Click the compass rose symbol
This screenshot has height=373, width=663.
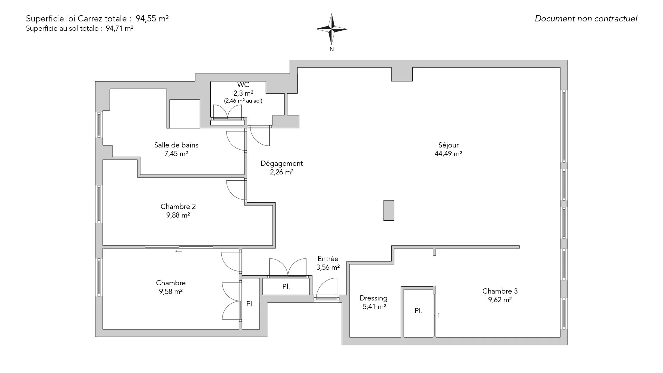(331, 29)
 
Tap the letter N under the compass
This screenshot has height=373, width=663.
(331, 49)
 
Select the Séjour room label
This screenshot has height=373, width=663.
(448, 145)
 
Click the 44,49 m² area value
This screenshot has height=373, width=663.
(448, 154)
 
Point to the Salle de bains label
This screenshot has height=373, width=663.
(176, 145)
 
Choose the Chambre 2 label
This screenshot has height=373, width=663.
(178, 207)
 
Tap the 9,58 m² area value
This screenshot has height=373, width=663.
(171, 291)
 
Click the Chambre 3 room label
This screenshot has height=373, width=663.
(500, 291)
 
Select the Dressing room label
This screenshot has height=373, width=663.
(373, 298)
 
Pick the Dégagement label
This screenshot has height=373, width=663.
(281, 163)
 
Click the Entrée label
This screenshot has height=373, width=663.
(328, 259)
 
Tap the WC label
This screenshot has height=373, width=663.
(243, 85)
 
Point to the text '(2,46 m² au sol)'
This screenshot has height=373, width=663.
(243, 101)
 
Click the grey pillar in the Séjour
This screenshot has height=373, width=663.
(389, 210)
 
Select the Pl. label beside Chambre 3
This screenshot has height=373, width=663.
(418, 311)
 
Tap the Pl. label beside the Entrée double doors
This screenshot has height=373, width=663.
(286, 287)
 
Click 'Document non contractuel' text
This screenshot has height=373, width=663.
(586, 19)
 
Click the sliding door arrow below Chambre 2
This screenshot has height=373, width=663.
(179, 251)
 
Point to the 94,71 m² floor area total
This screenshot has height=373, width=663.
(119, 29)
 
